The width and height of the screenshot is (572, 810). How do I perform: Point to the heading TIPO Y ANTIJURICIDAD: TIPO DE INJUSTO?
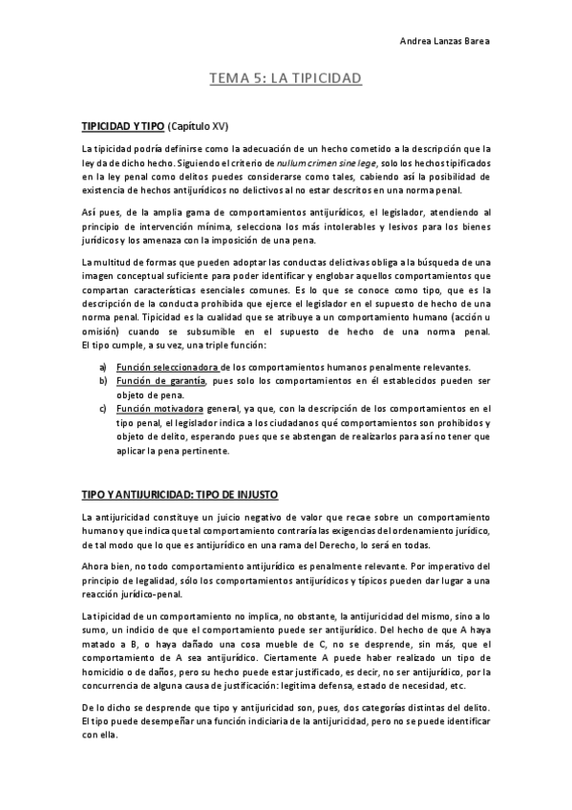tap(180, 496)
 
